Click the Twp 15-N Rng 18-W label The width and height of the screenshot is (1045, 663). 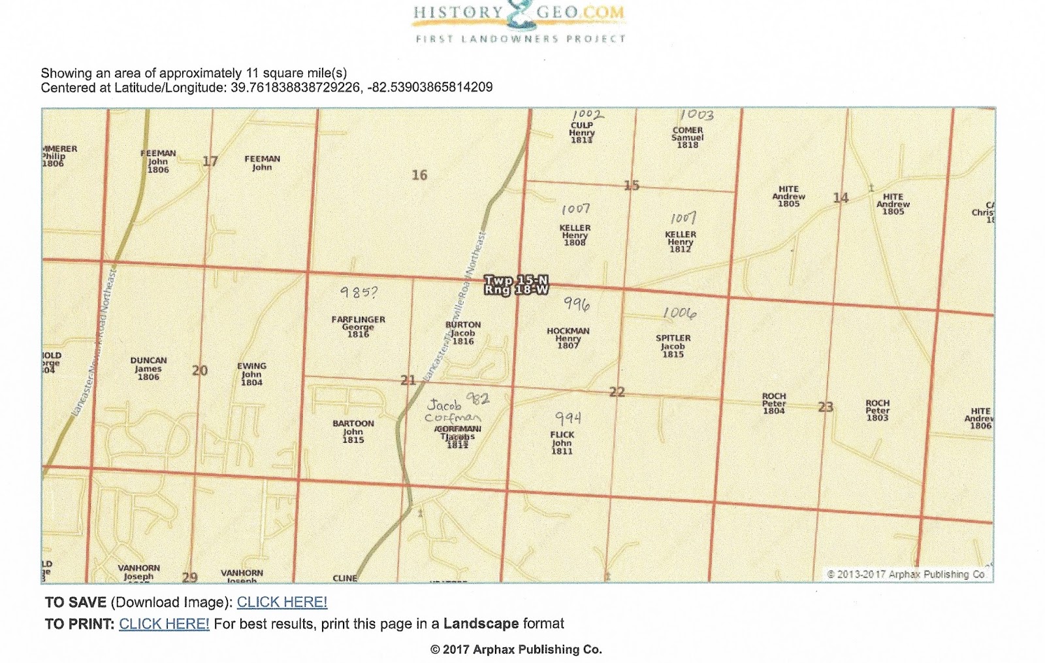point(516,285)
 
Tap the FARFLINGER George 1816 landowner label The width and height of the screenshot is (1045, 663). point(358,327)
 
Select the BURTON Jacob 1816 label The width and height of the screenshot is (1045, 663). point(463,332)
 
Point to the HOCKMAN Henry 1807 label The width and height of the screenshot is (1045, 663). point(568,338)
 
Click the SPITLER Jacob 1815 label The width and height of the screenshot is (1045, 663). point(673,346)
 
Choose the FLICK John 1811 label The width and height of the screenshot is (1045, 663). point(562,442)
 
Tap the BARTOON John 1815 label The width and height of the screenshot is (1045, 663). point(353,431)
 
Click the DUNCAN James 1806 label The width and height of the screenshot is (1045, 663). point(148,368)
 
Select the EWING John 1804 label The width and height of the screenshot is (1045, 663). point(251,374)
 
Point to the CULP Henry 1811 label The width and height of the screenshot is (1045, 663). point(581,133)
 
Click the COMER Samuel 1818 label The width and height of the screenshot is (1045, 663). point(688,137)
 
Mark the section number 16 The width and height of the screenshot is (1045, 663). point(419,175)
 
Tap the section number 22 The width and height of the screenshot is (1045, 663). point(617,392)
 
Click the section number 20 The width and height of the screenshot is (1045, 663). point(200,371)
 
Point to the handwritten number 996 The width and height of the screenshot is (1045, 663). point(577,304)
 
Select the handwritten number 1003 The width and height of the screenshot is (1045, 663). point(696,116)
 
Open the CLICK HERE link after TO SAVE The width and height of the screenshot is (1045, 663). point(281,602)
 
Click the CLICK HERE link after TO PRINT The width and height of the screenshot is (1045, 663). point(164,624)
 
